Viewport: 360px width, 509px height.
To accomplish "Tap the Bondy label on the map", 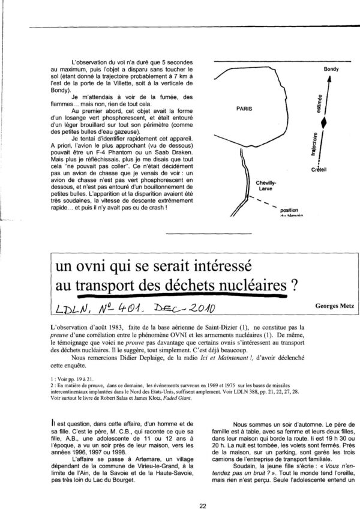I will (x=331, y=68).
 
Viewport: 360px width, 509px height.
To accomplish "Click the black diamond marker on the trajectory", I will (x=325, y=122).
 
